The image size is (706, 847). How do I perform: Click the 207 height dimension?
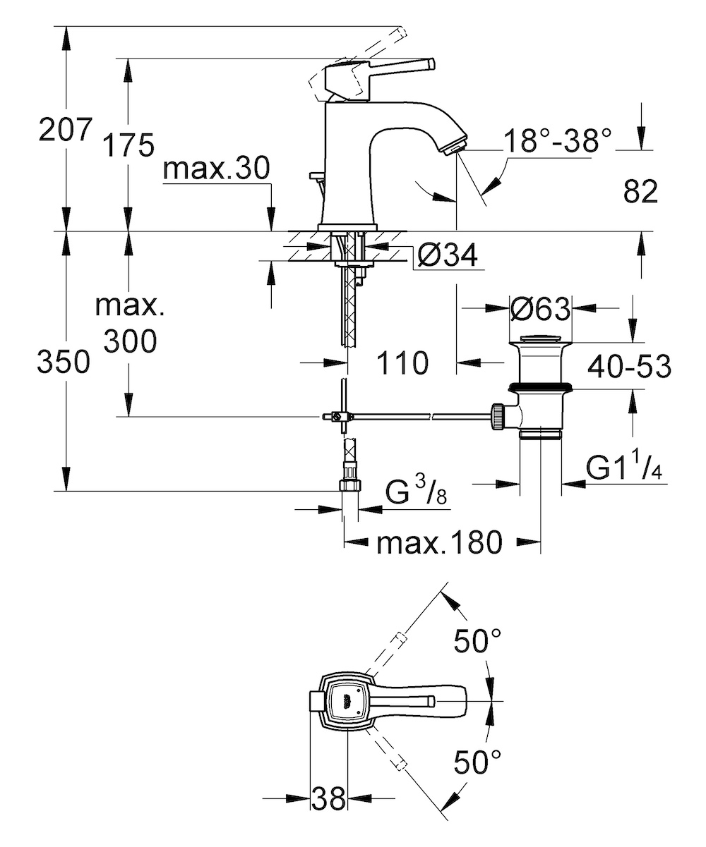tap(65, 129)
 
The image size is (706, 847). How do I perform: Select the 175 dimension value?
tap(128, 145)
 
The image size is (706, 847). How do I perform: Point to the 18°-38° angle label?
tap(557, 140)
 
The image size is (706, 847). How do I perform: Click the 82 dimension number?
tap(640, 191)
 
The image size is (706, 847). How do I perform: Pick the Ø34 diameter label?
tap(447, 255)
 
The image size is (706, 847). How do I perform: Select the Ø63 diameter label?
tap(540, 309)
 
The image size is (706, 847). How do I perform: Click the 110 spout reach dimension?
tap(402, 362)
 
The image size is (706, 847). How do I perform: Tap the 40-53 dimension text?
tap(629, 366)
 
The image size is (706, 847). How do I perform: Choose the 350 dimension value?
tap(64, 361)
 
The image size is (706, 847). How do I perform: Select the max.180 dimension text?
tap(440, 542)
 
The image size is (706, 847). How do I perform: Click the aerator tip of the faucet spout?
tap(455, 147)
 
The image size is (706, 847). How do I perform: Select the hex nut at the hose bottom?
tap(351, 484)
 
